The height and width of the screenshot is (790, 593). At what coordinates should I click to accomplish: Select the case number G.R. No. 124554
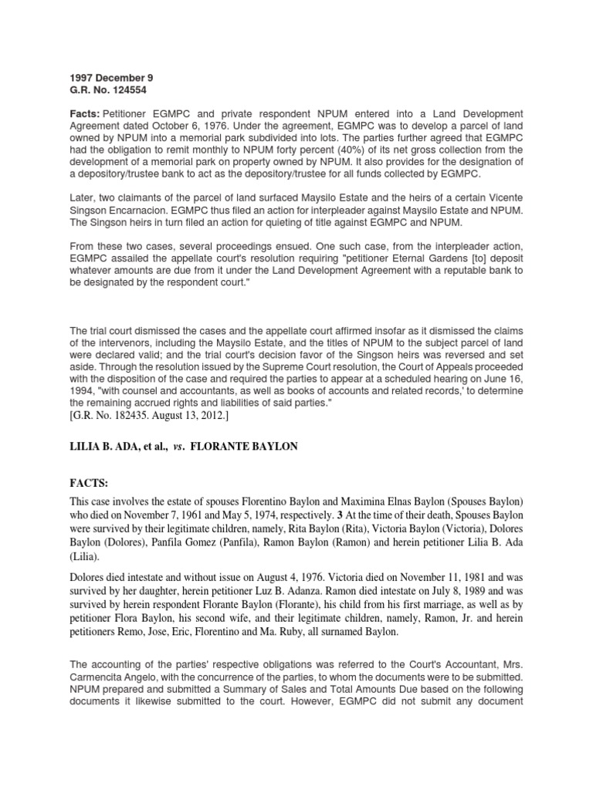(x=104, y=90)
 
